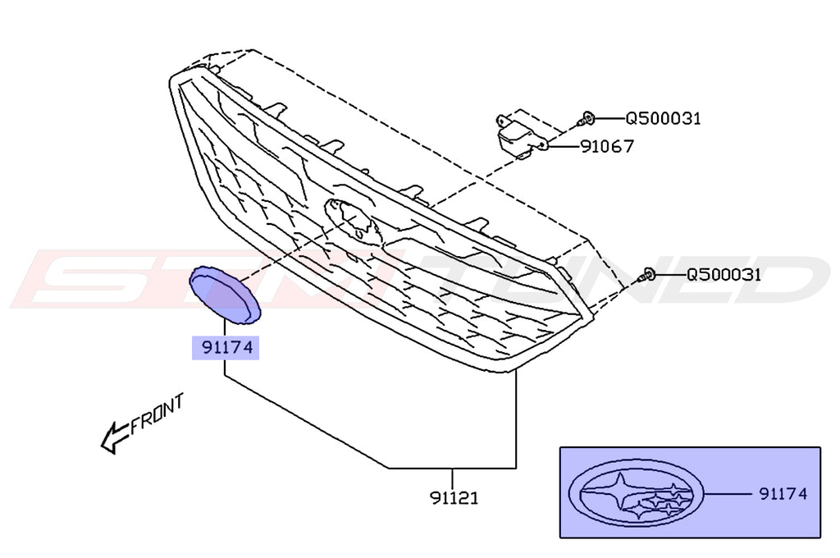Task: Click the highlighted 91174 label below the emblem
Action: tap(225, 348)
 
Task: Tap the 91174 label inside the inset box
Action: tap(783, 494)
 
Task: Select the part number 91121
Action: tap(454, 497)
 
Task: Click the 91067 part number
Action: tap(607, 147)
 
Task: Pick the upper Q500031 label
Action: tap(663, 118)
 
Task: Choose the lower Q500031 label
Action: tap(723, 274)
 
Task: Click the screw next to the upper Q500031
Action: tap(587, 119)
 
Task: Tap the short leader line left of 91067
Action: tap(563, 147)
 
